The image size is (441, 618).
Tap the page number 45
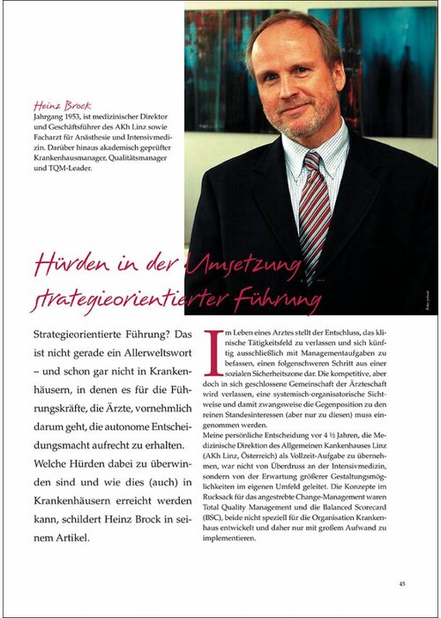pos(401,583)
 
